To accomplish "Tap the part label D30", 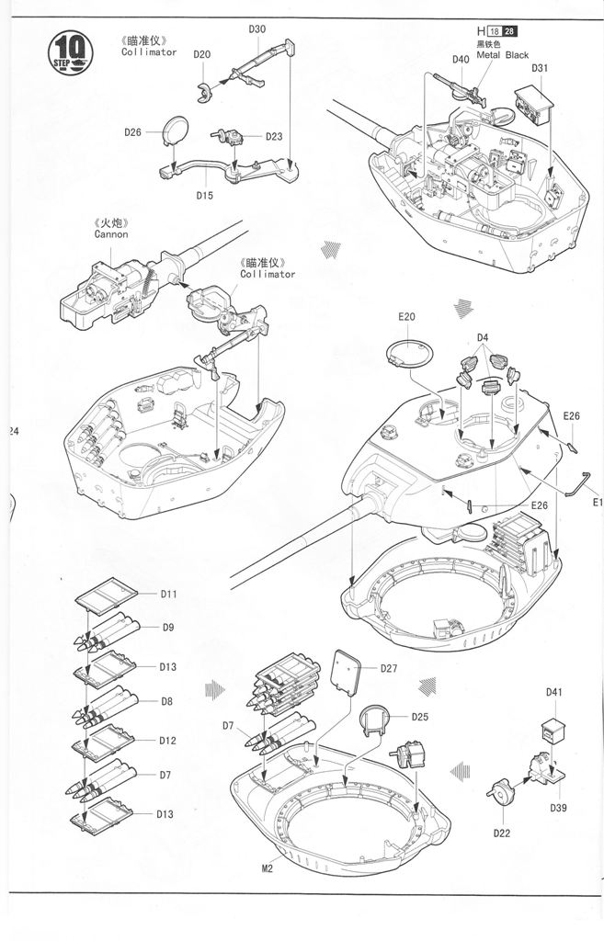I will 257,28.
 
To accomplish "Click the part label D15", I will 204,195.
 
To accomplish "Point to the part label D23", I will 274,137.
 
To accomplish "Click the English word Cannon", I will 111,234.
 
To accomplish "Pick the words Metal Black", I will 502,55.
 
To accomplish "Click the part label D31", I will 540,68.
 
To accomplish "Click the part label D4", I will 483,336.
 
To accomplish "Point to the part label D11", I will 168,594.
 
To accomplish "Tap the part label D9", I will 168,628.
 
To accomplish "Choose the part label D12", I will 166,740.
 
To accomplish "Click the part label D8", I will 166,701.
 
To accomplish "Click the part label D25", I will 420,716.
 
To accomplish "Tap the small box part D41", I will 552,728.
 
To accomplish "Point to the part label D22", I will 501,833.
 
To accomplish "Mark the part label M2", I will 268,868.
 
